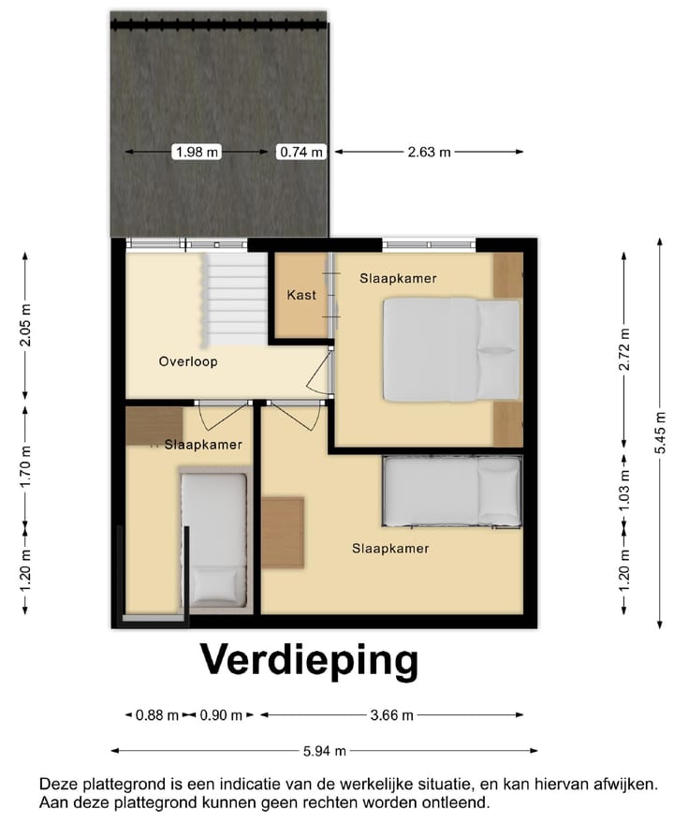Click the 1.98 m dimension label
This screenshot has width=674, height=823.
point(198,152)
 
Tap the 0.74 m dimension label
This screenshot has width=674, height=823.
point(300,152)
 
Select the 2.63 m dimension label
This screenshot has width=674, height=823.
point(430,152)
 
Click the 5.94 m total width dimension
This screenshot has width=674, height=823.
point(323,750)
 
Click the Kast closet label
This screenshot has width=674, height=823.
point(301,295)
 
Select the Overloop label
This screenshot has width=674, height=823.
point(188,361)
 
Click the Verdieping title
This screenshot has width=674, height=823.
point(309,660)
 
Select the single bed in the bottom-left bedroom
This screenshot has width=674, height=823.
point(214,538)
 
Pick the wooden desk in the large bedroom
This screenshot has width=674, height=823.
point(282,532)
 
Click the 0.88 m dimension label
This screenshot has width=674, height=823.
point(156,715)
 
